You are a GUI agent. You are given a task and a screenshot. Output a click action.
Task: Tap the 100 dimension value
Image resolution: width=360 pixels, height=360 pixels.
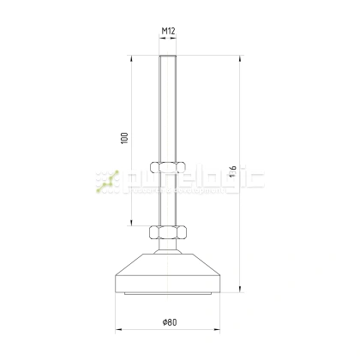(125, 139)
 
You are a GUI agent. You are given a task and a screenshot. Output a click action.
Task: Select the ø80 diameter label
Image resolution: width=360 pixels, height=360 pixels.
(169, 322)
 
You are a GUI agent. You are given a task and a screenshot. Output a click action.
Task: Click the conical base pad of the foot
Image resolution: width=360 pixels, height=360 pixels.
(168, 273)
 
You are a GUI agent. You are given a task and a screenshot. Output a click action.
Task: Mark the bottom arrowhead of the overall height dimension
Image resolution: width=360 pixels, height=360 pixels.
(238, 291)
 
